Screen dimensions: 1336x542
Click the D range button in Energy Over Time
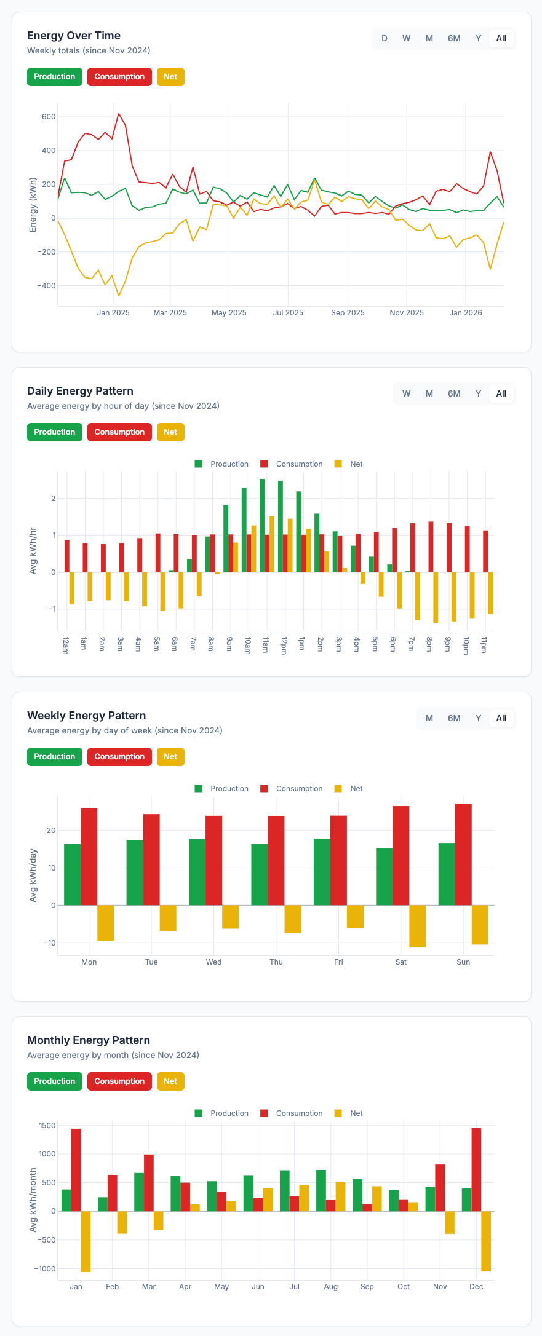(385, 38)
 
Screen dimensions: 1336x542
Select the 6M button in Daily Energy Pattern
(454, 393)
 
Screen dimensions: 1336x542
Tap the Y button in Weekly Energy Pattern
(478, 718)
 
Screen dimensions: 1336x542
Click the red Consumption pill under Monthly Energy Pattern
(119, 1081)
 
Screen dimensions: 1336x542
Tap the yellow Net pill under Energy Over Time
(170, 77)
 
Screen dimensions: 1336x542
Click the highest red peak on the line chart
(119, 114)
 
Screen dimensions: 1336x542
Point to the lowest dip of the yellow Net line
(119, 296)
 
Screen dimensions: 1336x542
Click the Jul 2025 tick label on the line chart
(288, 313)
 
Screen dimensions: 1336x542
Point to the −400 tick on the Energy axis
(46, 286)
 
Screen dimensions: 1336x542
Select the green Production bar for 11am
(262, 526)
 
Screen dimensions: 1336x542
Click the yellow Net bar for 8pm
(436, 598)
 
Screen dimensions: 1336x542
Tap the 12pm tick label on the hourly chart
(284, 646)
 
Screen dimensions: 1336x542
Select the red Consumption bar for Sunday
(463, 854)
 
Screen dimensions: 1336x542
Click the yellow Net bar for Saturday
(418, 926)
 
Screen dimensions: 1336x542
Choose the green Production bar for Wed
(197, 872)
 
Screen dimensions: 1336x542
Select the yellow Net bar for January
(86, 1241)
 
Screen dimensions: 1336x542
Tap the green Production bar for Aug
(321, 1190)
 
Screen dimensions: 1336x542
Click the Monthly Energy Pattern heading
(89, 1040)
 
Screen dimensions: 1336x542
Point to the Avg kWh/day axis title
(33, 876)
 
